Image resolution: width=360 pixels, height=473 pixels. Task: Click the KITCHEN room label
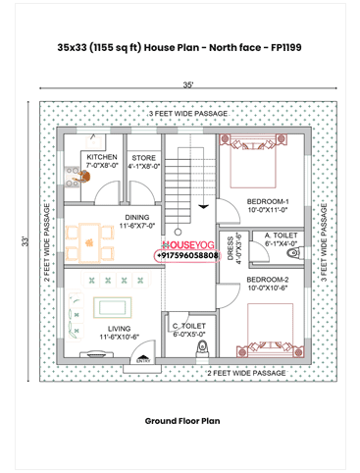tap(102, 157)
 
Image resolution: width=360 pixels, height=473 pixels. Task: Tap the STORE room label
tap(143, 157)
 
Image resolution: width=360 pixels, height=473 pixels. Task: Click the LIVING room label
tap(120, 329)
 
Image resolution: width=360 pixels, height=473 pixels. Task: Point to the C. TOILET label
tap(188, 326)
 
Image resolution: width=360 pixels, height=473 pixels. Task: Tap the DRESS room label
tap(231, 248)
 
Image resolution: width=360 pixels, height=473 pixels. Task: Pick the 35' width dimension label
tap(186, 85)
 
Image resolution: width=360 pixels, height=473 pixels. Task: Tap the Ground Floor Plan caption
tap(180, 420)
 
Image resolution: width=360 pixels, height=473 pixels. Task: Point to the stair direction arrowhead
tap(202, 205)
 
